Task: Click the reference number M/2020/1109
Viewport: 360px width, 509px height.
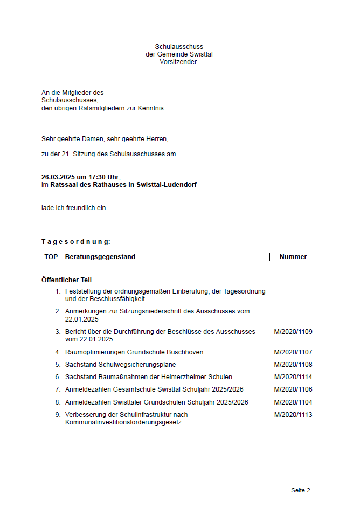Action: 293,332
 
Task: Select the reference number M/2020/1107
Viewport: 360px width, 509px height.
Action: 293,352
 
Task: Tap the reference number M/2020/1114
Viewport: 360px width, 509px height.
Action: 293,377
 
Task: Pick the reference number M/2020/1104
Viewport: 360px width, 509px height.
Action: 293,402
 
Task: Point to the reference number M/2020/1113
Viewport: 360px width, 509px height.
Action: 293,415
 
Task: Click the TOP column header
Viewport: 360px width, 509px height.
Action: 51,257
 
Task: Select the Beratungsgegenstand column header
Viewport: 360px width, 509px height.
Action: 100,257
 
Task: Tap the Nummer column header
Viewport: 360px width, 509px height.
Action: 293,257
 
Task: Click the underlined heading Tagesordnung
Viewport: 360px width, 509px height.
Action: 76,242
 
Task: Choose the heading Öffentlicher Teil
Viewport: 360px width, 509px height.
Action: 66,280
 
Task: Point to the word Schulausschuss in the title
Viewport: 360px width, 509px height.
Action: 179,47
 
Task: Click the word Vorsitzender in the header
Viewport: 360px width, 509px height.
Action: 178,62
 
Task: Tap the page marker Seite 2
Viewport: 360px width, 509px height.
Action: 301,490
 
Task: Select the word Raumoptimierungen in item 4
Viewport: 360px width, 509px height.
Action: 95,352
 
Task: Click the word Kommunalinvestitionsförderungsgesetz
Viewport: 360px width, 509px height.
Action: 123,422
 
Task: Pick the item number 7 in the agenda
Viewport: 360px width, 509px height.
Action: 58,389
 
